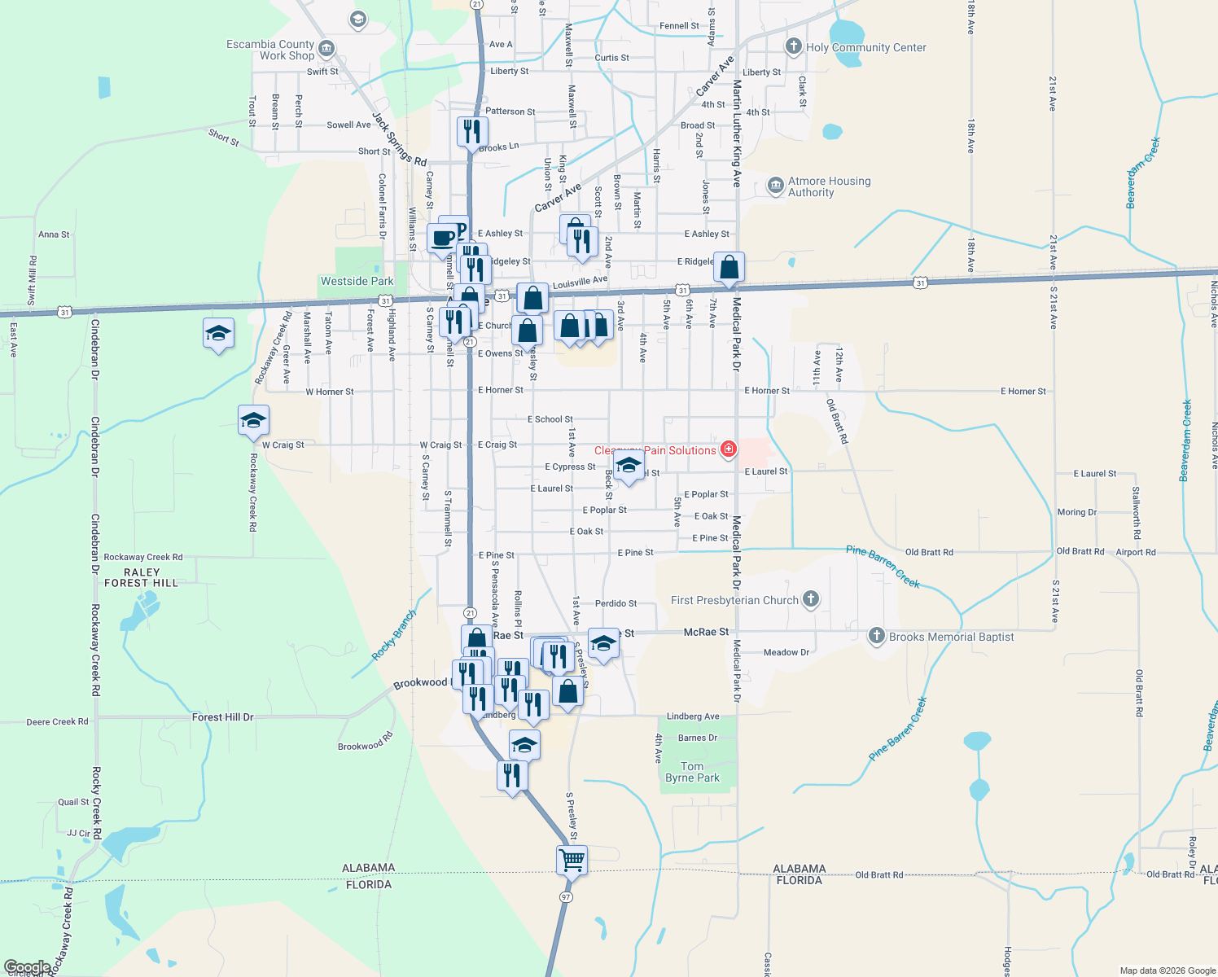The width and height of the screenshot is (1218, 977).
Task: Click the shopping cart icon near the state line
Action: coord(572,860)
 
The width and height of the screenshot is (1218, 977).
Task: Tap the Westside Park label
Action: coord(357,281)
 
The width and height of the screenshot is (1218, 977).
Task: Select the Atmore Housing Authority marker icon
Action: coord(775,186)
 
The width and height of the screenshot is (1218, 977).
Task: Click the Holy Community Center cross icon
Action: coord(793,46)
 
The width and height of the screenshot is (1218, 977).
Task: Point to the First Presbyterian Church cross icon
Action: coord(810,600)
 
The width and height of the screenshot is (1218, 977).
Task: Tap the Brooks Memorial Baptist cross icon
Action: coord(876,636)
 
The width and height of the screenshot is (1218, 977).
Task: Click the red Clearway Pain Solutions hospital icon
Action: coord(729,449)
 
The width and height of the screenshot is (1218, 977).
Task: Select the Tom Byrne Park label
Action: coord(692,772)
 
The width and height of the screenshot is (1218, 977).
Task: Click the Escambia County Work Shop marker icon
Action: coord(326,49)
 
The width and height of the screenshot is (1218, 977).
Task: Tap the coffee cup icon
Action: coord(442,239)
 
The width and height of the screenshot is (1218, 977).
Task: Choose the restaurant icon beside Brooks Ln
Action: coord(472,131)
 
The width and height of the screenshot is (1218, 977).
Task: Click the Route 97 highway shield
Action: coord(566,896)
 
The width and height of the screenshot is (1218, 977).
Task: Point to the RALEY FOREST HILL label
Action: coord(141,577)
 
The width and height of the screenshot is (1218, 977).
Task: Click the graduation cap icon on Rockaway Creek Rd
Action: coord(253,420)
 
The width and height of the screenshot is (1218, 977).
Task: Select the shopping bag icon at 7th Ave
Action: coord(729,267)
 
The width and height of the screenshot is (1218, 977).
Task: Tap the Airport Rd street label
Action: coord(1135,552)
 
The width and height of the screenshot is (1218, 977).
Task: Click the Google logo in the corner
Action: coord(27,967)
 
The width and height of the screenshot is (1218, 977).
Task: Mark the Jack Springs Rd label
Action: coord(400,138)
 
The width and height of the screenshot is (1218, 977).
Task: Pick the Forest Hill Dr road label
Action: coord(222,717)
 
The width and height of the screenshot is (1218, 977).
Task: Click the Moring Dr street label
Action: coord(1076,512)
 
